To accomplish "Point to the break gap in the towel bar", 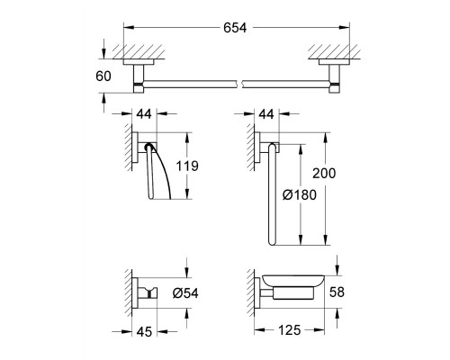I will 240,85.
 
